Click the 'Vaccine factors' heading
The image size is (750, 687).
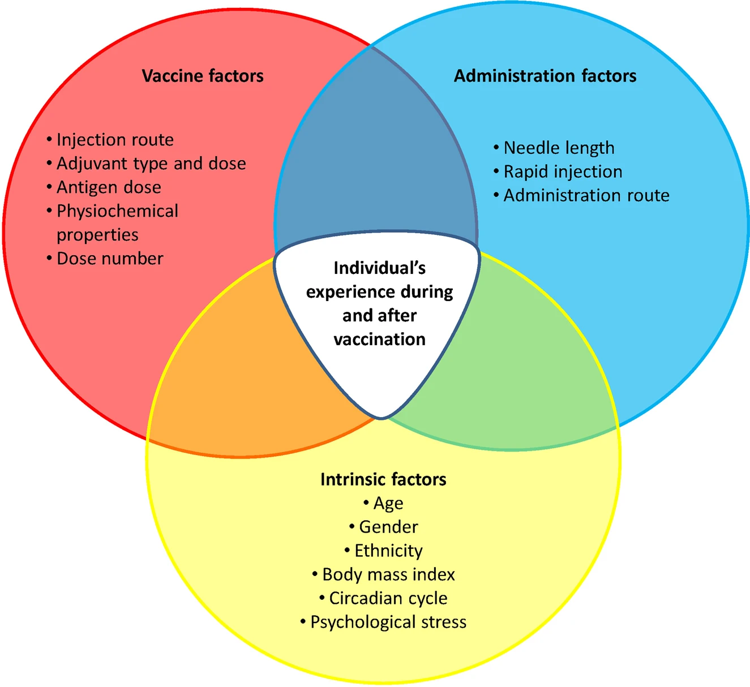[x=203, y=76]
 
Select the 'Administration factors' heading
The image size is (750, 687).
[x=545, y=76]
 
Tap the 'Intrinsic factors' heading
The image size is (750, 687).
[x=383, y=479]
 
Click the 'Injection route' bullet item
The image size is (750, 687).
[x=115, y=140]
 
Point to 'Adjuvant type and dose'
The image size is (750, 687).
[x=151, y=164]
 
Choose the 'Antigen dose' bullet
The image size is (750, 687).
[x=109, y=187]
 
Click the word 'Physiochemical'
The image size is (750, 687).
[x=117, y=211]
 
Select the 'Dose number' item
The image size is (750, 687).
[x=110, y=259]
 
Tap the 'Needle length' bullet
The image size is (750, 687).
[x=559, y=148]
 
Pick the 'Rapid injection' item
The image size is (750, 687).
[x=563, y=171]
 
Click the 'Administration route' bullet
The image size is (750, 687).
[x=586, y=195]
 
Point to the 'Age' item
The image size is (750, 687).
[x=388, y=503]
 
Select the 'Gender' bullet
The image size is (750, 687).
[x=388, y=527]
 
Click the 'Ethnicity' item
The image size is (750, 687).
[x=388, y=551]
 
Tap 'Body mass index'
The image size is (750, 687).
[x=388, y=574]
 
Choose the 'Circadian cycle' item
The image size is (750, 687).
[x=388, y=598]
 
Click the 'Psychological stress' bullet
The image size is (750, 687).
[x=388, y=622]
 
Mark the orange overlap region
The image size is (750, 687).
[x=243, y=385]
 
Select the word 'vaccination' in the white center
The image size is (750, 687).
[x=379, y=339]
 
